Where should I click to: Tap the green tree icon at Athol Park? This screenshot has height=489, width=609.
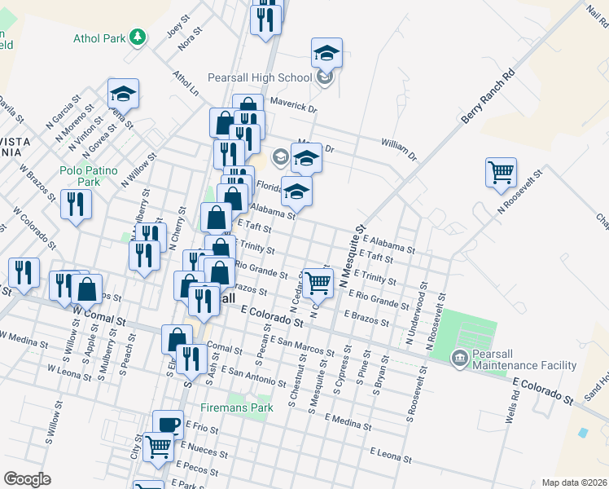[x=138, y=37]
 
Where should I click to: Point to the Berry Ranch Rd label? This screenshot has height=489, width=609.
[x=489, y=95]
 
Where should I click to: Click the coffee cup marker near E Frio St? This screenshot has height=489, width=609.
[x=169, y=424]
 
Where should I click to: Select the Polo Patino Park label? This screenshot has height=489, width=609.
[x=90, y=176]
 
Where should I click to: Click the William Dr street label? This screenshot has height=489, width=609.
[x=399, y=148]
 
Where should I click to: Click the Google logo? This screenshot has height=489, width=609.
[x=27, y=479]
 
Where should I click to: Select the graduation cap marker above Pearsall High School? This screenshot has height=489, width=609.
[x=326, y=54]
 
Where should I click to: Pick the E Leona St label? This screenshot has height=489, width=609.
[x=393, y=452]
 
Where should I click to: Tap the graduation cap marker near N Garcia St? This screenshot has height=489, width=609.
[x=123, y=93]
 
